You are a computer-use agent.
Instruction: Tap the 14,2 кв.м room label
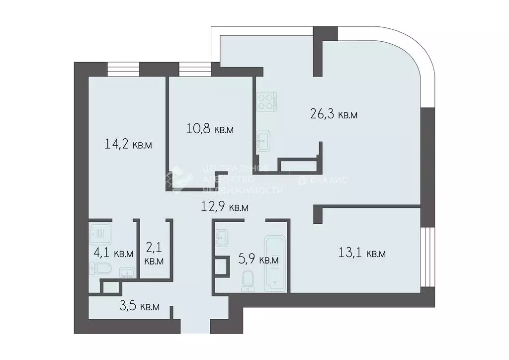(128, 145)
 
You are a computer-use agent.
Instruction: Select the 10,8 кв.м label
(210, 130)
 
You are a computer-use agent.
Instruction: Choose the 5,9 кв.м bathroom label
(259, 260)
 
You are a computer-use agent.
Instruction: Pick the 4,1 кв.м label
(113, 253)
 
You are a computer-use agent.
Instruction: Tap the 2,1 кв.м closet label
(154, 253)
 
